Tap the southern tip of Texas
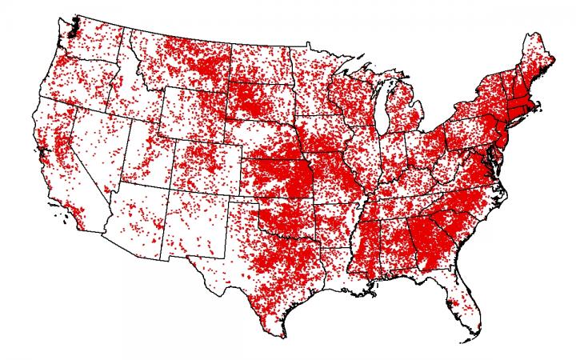coord(281,334)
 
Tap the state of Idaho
coord(120,96)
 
